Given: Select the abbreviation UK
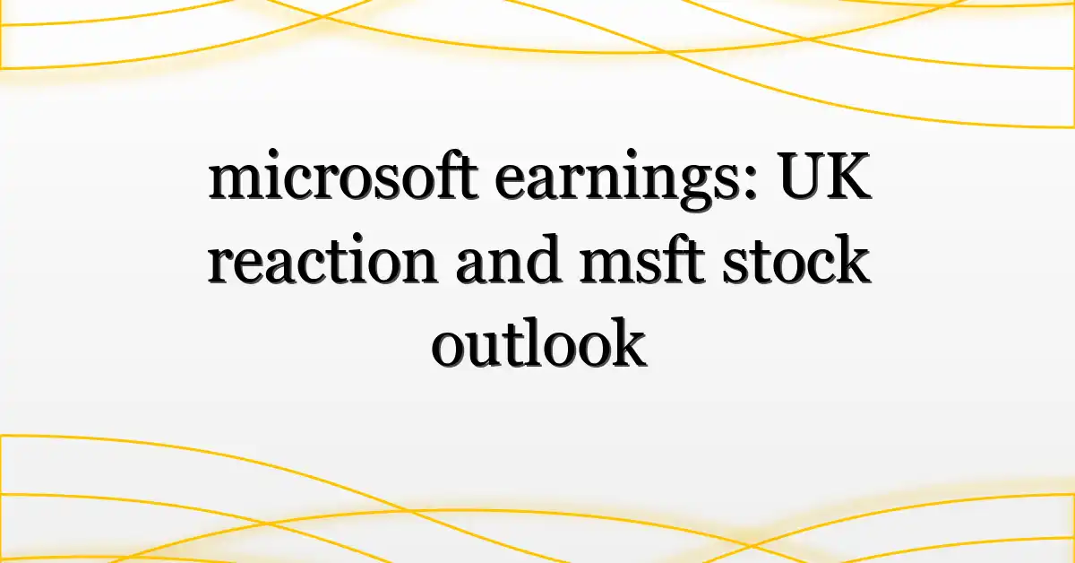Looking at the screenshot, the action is point(824,176).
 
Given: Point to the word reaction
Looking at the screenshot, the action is point(322,259).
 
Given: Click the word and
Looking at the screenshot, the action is point(509,258).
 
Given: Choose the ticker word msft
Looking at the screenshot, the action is point(641,258).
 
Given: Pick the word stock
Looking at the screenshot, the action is point(796,258).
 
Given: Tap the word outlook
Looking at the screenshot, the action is point(538,342).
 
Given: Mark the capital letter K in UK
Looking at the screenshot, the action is point(848,176).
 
